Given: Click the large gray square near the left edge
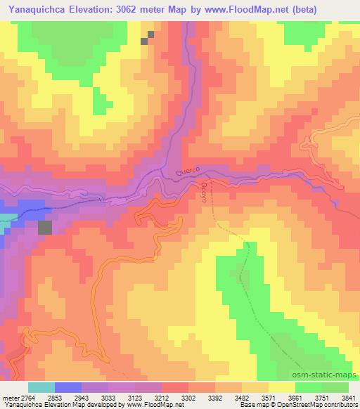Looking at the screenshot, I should pyautogui.click(x=45, y=228).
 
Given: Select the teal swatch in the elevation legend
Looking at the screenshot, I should pyautogui.click(x=41, y=387).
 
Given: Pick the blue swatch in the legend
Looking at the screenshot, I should pyautogui.click(x=67, y=387).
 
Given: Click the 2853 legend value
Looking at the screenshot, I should pyautogui.click(x=53, y=397).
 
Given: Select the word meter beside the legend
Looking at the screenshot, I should pyautogui.click(x=11, y=397).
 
